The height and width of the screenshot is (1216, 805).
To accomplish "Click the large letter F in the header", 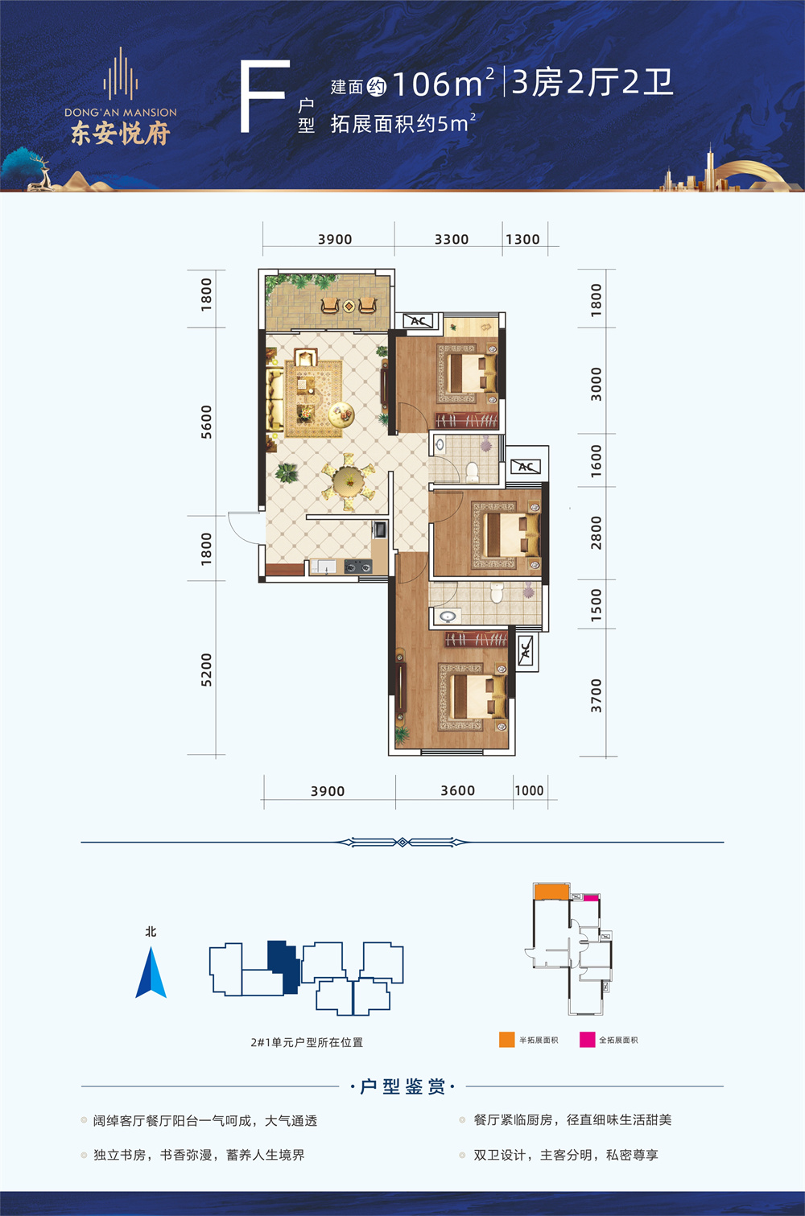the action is point(263,96).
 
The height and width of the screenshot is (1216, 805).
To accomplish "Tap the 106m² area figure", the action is point(443,84).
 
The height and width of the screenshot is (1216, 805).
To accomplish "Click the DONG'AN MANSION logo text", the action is point(121,113).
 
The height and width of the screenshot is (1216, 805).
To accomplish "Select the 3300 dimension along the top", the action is point(452,239).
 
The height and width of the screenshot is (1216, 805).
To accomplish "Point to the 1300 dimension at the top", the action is point(522,239).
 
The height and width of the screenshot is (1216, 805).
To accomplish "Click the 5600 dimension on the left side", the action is point(206,422).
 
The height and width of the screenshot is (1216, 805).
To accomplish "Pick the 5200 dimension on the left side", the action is point(206,670).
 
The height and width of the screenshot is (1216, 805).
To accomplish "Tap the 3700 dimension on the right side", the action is point(597,695).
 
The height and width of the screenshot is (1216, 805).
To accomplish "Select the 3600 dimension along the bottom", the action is point(457,791).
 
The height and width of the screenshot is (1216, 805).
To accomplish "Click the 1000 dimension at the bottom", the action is point(529,790).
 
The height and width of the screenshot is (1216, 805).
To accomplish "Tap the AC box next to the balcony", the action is point(419,321).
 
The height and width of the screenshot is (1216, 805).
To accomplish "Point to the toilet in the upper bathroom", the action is point(472,472).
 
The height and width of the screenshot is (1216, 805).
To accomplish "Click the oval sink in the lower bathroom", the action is point(448,616).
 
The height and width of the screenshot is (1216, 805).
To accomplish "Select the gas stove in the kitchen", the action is point(358,567).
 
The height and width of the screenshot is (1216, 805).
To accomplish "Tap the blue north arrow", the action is point(151,972).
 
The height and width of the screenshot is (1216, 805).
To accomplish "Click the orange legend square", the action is point(507,1040).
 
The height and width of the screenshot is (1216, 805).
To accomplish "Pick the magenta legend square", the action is point(587,1040).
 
